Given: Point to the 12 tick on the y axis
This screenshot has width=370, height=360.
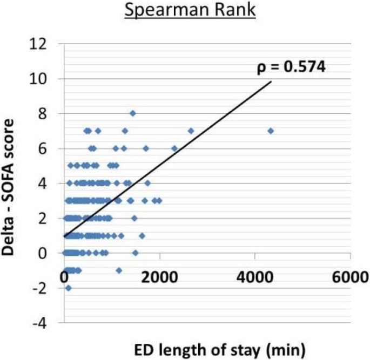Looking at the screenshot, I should [46, 44].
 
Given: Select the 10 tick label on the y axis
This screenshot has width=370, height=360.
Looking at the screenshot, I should [46, 79].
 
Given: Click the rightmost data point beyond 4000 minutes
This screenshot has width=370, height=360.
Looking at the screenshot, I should [271, 131].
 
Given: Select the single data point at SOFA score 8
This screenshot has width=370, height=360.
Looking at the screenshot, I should [132, 113].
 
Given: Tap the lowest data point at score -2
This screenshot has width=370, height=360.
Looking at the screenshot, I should [68, 288].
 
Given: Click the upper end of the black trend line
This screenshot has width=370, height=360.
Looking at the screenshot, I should [271, 82].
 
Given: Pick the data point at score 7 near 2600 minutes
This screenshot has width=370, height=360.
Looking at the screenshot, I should [191, 131].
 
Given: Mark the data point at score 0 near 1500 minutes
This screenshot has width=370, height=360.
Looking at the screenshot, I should [136, 253].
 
